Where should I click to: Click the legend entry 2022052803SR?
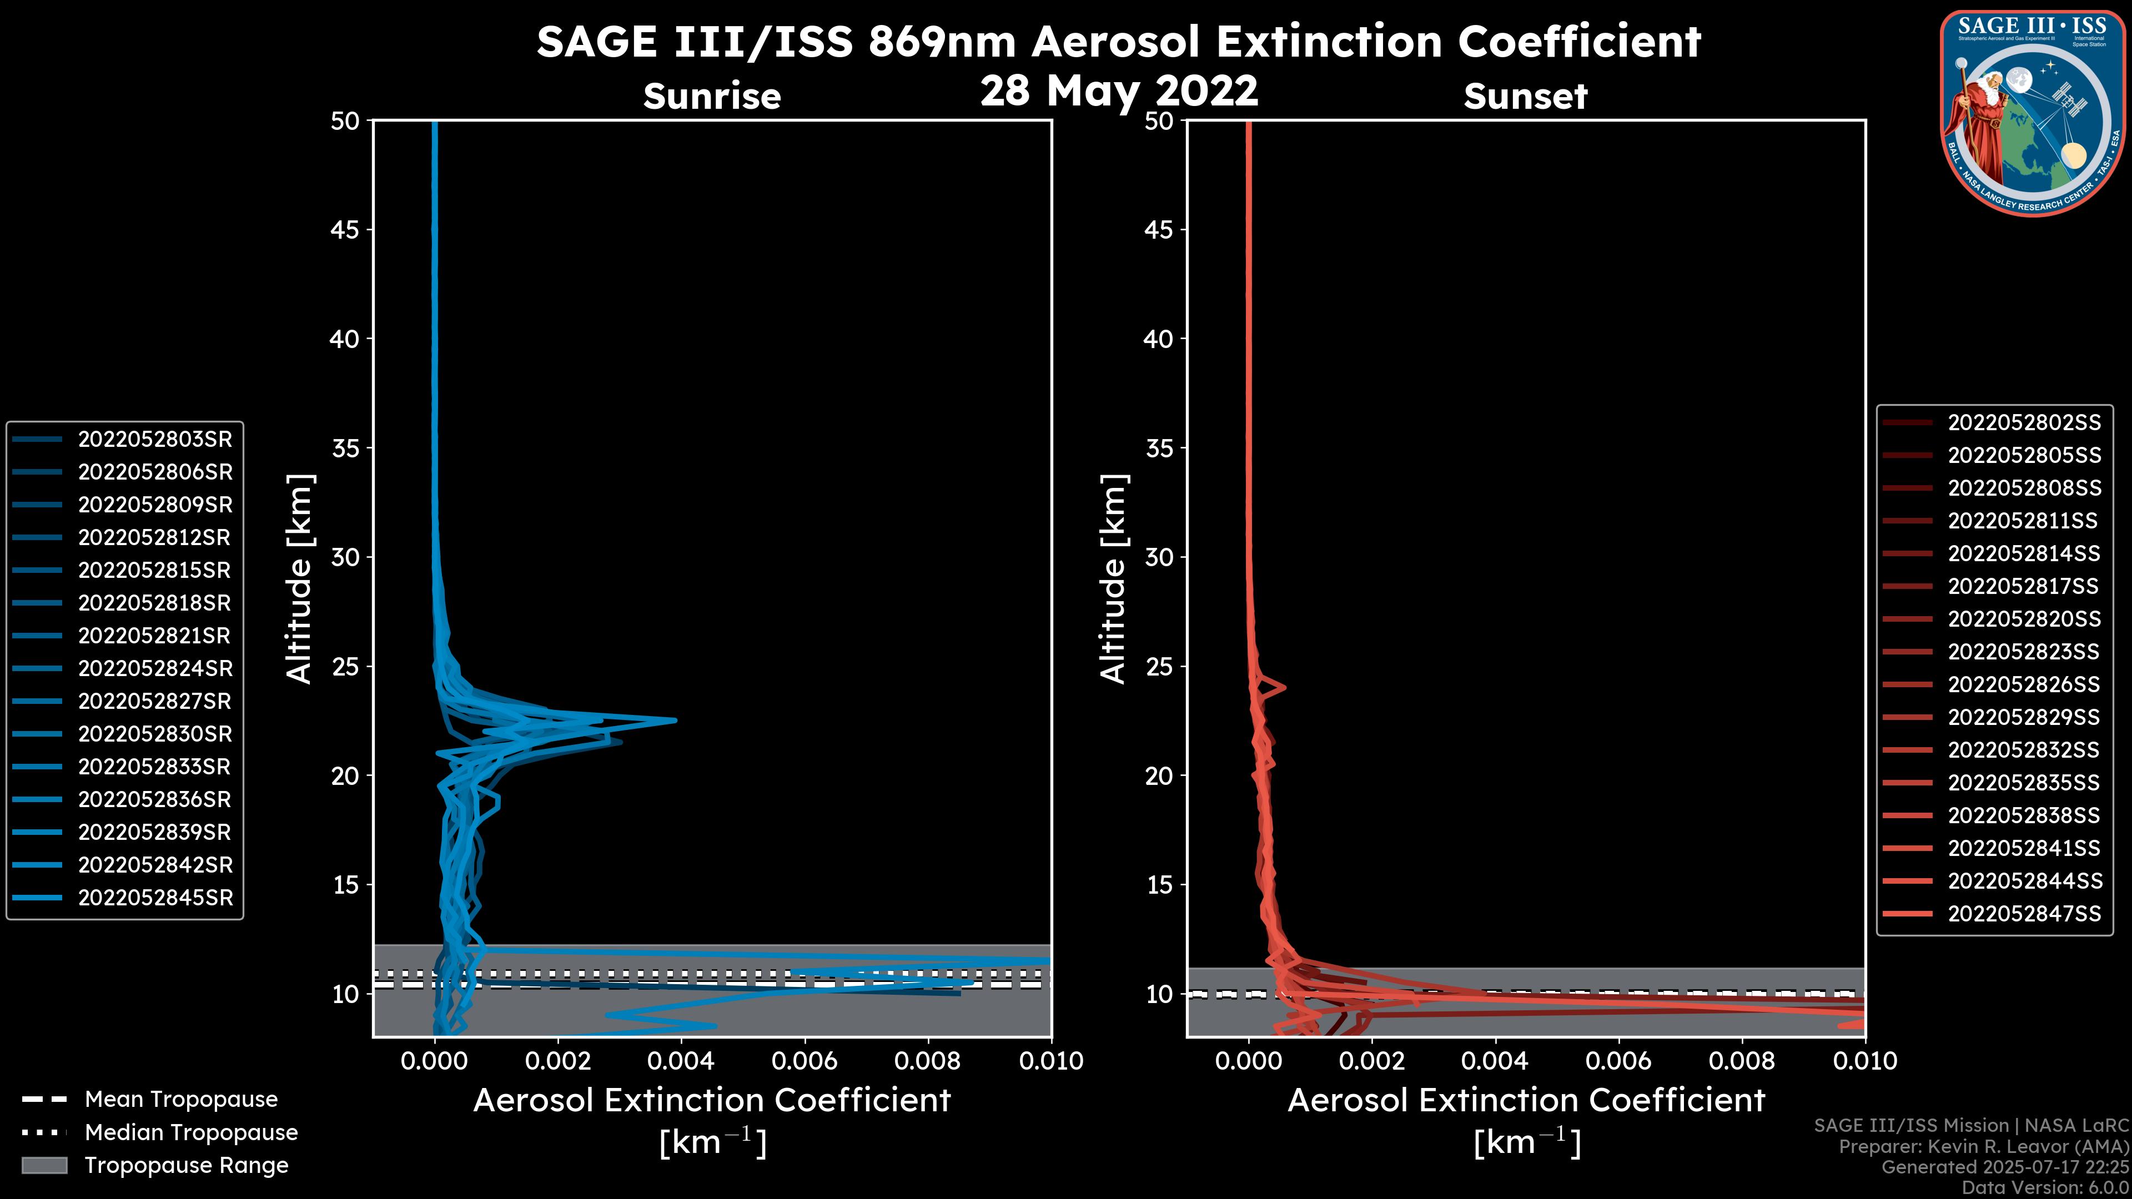(155, 440)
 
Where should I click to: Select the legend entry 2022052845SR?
(155, 898)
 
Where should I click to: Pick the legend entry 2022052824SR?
(155, 668)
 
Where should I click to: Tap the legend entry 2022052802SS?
(2024, 423)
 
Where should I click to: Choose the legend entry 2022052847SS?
(2024, 914)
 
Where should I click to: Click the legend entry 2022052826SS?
(2024, 684)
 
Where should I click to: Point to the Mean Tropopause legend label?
(181, 1100)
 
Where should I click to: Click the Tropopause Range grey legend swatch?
(44, 1165)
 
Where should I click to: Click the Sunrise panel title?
(712, 97)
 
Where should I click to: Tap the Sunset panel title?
(1525, 97)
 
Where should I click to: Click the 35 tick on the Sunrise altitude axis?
(345, 449)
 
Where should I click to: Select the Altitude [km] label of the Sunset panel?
(1113, 579)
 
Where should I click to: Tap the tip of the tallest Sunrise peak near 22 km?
(675, 720)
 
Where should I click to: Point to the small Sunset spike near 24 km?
(1284, 687)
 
